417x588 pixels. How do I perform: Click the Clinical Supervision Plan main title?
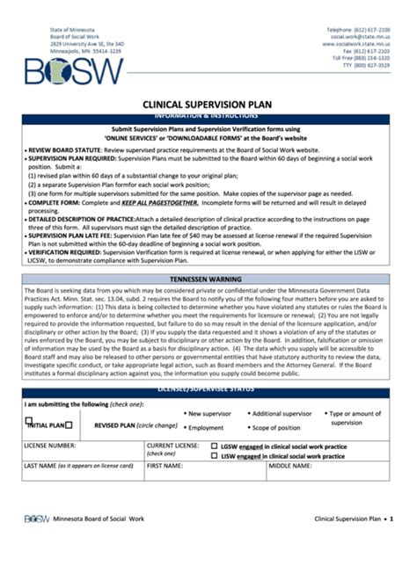click(208, 105)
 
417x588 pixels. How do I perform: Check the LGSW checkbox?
click(214, 446)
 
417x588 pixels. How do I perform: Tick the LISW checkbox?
click(214, 456)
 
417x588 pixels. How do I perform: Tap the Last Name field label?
click(78, 465)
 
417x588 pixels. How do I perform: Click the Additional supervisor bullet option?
click(282, 413)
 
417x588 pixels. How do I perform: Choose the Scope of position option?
click(275, 427)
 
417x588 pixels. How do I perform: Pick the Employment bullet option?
click(205, 427)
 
